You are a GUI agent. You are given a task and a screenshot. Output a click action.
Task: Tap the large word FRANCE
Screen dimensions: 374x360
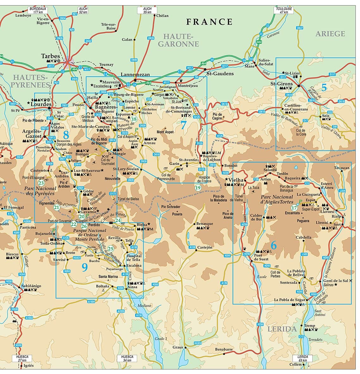[209, 22]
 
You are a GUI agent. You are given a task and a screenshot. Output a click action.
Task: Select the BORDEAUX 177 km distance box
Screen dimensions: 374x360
[38, 10]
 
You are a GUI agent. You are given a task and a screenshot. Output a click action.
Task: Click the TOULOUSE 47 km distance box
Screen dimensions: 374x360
[284, 10]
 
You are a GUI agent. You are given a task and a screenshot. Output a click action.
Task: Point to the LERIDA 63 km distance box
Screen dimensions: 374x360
[302, 358]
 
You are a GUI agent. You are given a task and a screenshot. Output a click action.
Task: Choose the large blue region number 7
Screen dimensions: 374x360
[183, 125]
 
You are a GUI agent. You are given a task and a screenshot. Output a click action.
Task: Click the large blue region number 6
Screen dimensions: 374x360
[273, 245]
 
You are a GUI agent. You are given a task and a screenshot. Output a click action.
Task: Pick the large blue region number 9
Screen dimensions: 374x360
[84, 267]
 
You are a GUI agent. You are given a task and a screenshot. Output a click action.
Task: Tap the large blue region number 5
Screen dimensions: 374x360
[324, 87]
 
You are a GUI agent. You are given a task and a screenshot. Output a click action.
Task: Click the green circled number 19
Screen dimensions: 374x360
[198, 188]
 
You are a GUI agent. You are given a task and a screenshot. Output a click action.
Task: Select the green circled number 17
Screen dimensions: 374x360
[294, 208]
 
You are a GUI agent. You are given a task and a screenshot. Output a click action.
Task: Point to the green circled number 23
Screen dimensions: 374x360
[41, 183]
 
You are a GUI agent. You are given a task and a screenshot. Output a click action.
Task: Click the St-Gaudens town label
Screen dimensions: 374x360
[220, 73]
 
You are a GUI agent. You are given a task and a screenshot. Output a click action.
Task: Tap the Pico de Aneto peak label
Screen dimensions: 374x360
[228, 215]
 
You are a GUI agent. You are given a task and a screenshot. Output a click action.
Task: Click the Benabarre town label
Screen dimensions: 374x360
[224, 349]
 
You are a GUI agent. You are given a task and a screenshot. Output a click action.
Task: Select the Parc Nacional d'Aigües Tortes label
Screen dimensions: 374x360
[277, 199]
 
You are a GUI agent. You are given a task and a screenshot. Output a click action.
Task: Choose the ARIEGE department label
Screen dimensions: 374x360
[330, 34]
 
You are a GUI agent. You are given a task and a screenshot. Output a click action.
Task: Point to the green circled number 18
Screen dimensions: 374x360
[134, 119]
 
